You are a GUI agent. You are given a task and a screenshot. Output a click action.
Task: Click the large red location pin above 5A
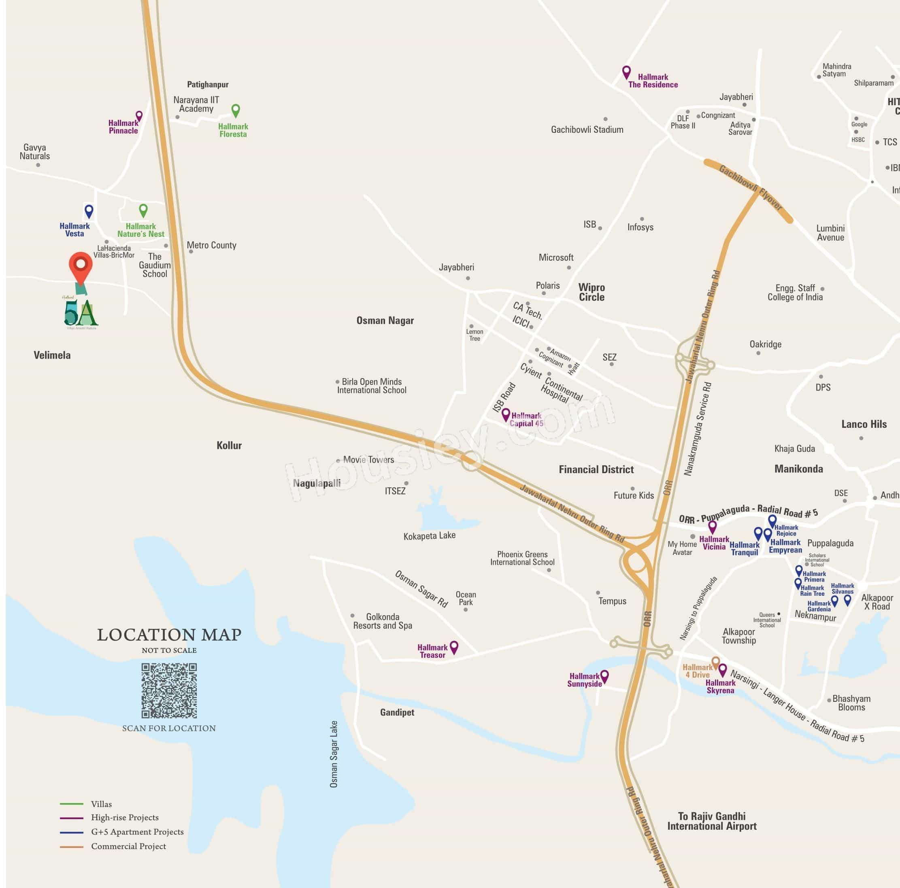(x=81, y=266)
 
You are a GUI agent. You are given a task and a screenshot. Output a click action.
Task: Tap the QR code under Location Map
(x=169, y=690)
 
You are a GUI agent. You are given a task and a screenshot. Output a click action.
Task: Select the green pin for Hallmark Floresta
(x=236, y=110)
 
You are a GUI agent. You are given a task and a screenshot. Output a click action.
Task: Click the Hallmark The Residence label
(x=653, y=81)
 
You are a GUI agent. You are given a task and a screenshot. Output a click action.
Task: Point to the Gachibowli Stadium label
(x=587, y=130)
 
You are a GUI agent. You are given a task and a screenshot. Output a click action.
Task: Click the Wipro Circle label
(x=591, y=292)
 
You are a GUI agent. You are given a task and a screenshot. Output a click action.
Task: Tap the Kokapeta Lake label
(x=429, y=535)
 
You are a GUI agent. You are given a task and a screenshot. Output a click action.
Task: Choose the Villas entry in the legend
(x=101, y=804)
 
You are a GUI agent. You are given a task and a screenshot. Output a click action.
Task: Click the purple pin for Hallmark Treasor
(x=454, y=646)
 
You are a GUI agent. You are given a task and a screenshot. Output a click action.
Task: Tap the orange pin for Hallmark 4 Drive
(x=715, y=662)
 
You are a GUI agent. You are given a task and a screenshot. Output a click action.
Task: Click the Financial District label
(x=596, y=469)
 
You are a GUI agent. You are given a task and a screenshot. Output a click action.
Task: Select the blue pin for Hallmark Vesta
(x=89, y=211)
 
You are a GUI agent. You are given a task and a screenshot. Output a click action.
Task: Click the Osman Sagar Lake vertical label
(x=334, y=754)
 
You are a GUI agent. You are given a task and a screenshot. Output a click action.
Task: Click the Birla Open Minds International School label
(x=371, y=386)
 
